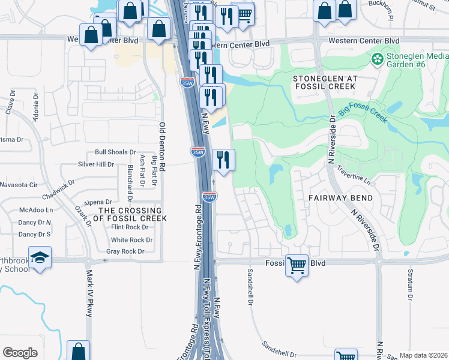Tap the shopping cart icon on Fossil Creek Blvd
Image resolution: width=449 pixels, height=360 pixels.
(297, 265)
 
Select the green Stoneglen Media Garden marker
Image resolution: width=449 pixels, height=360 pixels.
(378, 59)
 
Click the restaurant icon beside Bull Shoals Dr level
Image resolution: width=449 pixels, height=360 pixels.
(223, 160)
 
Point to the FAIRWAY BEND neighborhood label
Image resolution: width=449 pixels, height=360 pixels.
(342, 198)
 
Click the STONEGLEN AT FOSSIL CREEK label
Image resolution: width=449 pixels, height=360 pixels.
(324, 83)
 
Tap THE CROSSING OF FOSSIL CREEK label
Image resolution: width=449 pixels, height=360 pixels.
(130, 215)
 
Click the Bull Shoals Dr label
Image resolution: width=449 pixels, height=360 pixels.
(115, 153)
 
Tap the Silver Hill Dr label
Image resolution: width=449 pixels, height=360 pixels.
(96, 164)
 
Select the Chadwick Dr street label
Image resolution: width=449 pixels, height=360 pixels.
(58, 190)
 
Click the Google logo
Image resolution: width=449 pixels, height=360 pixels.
(20, 353)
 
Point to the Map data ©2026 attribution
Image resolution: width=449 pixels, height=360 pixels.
(423, 355)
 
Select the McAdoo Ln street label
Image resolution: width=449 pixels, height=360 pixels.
(36, 211)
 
